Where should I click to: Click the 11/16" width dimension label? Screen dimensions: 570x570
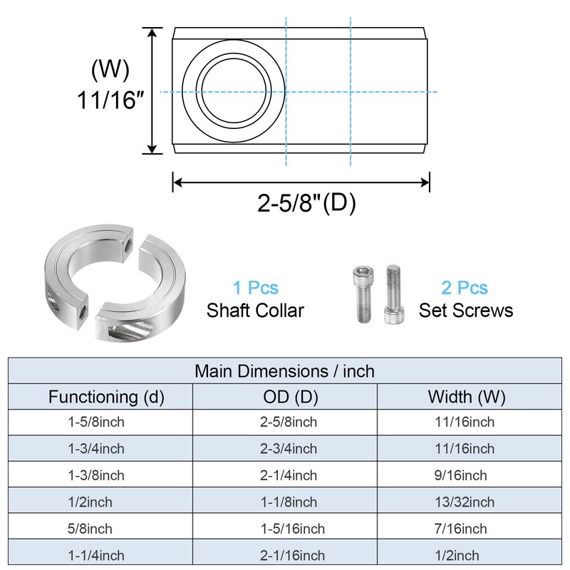click(x=110, y=100)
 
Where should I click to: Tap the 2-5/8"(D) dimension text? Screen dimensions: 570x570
click(x=306, y=202)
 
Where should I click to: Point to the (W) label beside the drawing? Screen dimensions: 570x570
click(x=110, y=69)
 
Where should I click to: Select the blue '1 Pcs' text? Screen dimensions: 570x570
click(x=256, y=288)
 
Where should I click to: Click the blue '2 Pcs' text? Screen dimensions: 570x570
click(x=465, y=288)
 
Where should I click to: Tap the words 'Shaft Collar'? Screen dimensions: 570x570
click(x=255, y=311)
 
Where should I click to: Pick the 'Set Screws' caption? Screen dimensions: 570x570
click(x=466, y=311)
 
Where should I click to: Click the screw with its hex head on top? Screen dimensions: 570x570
click(x=363, y=294)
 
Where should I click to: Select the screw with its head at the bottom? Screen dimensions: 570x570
click(x=394, y=294)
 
